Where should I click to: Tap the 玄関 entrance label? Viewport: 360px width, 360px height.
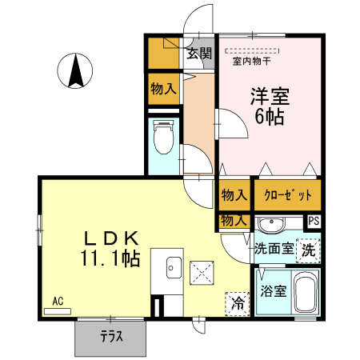pyautogui.click(x=199, y=54)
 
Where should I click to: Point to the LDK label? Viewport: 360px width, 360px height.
pyautogui.click(x=113, y=238)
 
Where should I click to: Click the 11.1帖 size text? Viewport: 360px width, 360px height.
pyautogui.click(x=110, y=258)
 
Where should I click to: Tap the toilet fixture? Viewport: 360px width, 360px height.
pyautogui.click(x=165, y=138)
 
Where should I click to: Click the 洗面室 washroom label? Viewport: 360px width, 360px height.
pyautogui.click(x=273, y=249)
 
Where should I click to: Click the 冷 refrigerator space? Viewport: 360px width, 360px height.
pyautogui.click(x=238, y=303)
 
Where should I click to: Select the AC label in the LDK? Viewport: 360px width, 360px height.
pyautogui.click(x=58, y=301)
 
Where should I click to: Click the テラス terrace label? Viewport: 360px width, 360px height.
pyautogui.click(x=111, y=337)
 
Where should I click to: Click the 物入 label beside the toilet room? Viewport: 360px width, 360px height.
pyautogui.click(x=163, y=89)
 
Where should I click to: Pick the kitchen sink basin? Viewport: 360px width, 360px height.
pyautogui.click(x=170, y=268)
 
